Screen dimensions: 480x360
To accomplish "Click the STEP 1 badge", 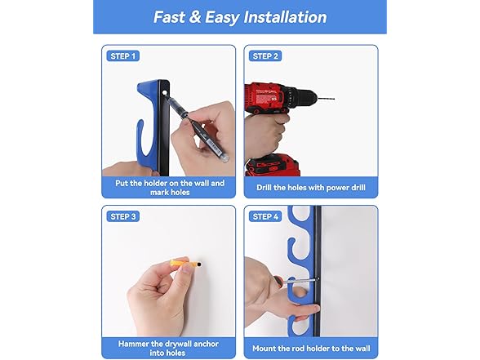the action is pyautogui.click(x=122, y=56).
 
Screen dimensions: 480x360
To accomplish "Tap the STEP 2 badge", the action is pyautogui.click(x=265, y=56).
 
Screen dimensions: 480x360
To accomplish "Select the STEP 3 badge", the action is pyautogui.click(x=122, y=216).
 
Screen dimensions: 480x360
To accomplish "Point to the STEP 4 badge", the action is pyautogui.click(x=265, y=216).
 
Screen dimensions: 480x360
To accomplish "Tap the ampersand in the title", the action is pyautogui.click(x=194, y=17).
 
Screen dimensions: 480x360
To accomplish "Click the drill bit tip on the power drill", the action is pyautogui.click(x=334, y=99).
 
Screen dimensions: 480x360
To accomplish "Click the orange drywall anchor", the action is pyautogui.click(x=184, y=263).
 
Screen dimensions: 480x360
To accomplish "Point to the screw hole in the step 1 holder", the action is pyautogui.click(x=164, y=92).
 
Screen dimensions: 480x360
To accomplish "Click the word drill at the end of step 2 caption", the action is pyautogui.click(x=358, y=188).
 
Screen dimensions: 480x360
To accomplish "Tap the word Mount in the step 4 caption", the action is pyautogui.click(x=263, y=349).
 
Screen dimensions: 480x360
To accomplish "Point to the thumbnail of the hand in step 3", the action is pyautogui.click(x=186, y=268).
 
